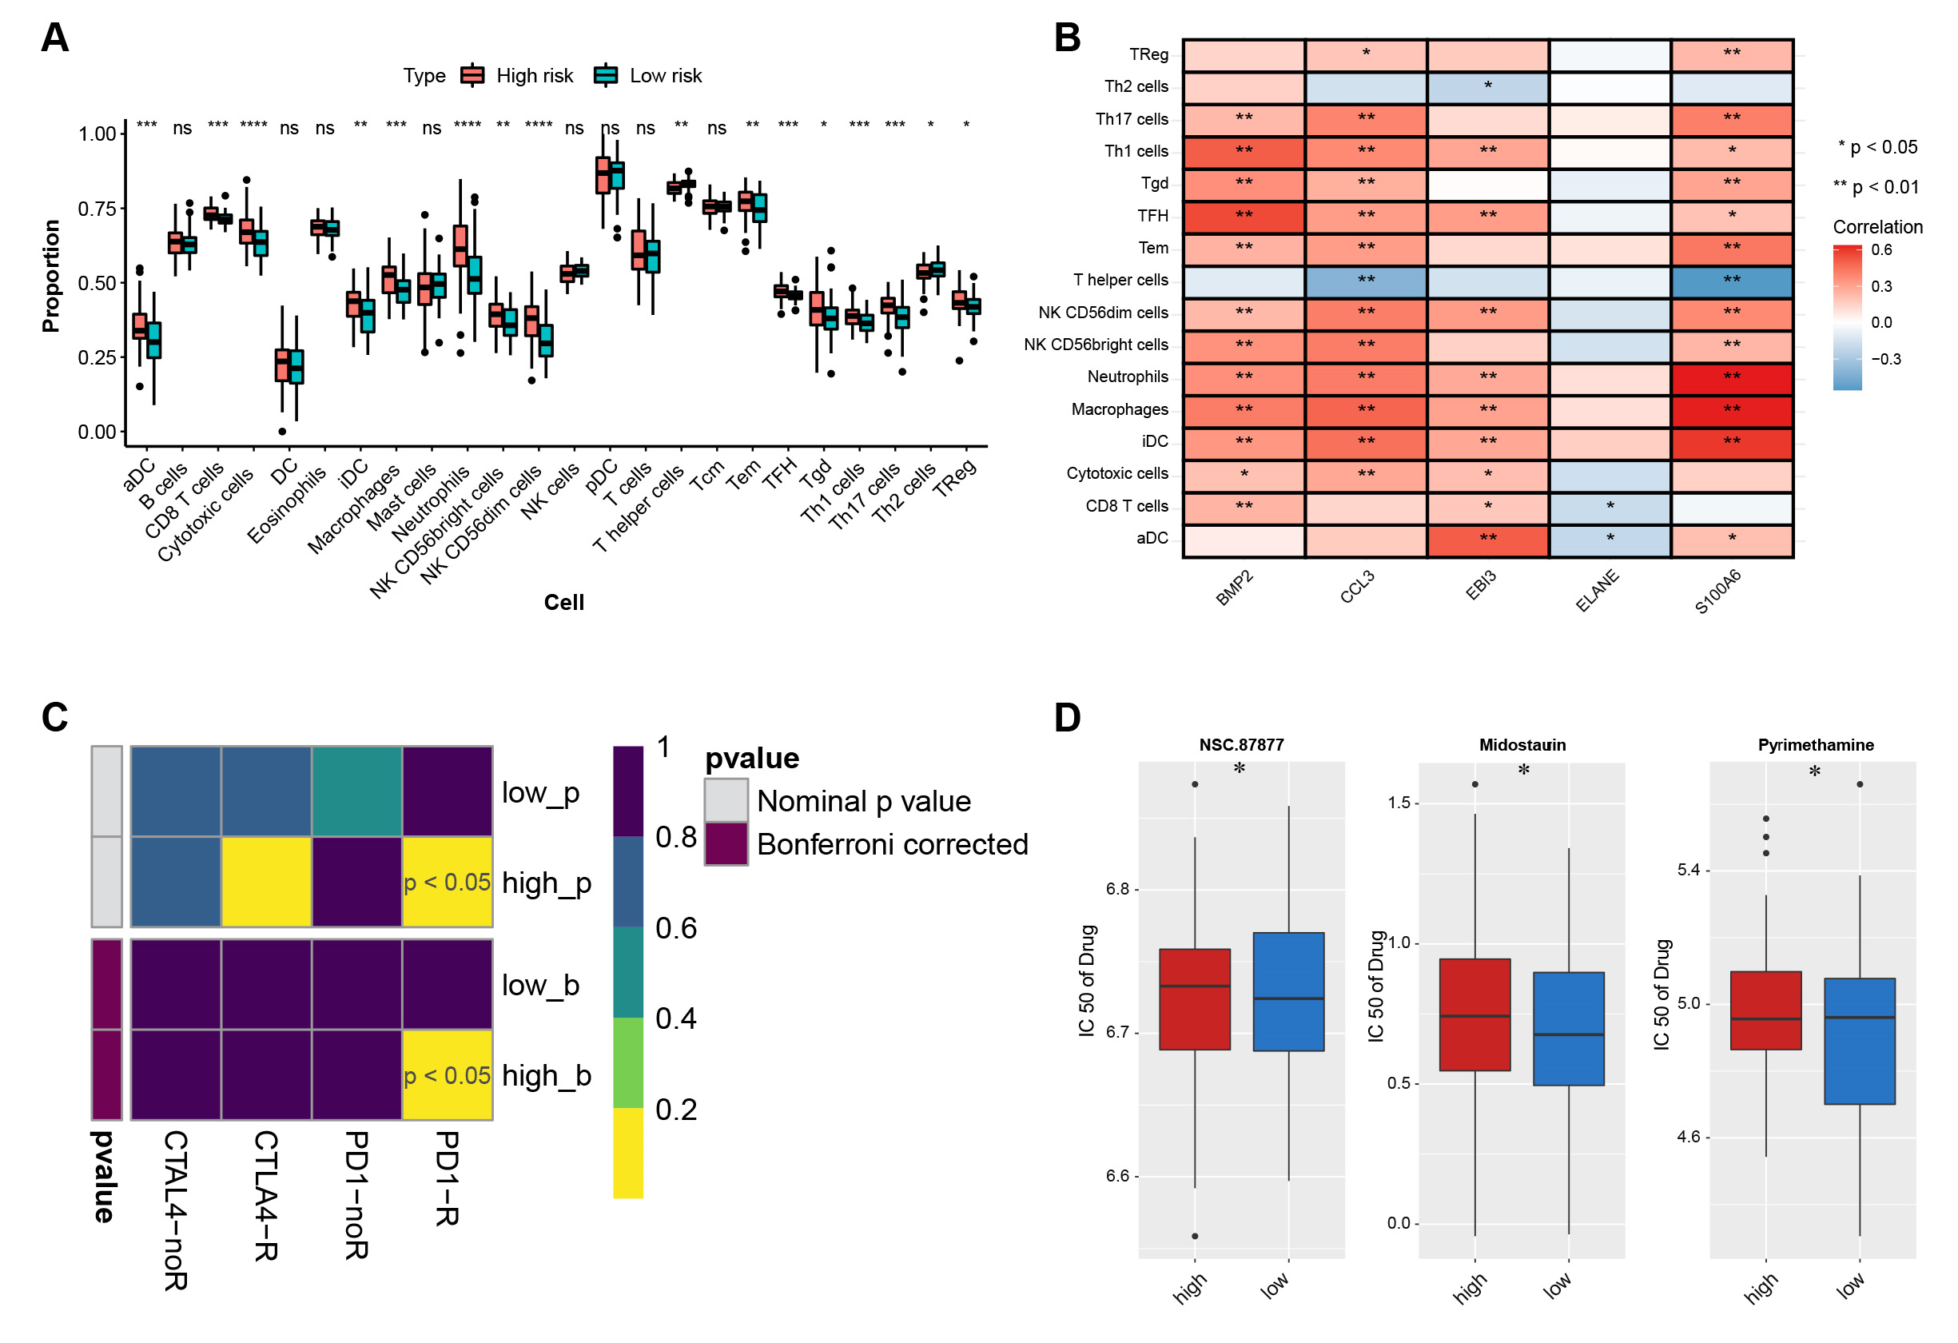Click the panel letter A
coord(55,38)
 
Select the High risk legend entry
coord(533,76)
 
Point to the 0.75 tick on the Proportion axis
coord(96,209)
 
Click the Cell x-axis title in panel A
coord(563,603)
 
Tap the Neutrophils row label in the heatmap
coord(1128,377)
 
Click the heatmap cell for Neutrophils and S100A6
coord(1731,377)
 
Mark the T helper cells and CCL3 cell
coord(1366,281)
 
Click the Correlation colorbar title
coord(1877,227)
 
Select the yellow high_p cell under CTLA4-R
coord(266,882)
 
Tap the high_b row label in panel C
coord(546,1076)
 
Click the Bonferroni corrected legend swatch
coord(726,844)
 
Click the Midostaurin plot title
coord(1522,745)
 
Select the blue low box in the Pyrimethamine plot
coord(1860,1041)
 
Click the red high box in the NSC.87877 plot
coord(1194,998)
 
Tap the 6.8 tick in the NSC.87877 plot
coord(1117,889)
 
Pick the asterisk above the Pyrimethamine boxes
coord(1814,771)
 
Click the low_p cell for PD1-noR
coord(356,791)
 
